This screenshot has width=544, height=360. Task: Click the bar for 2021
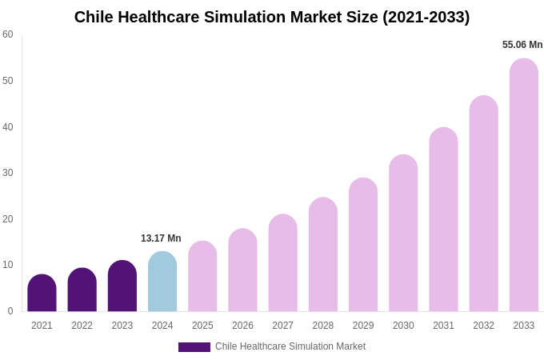(x=42, y=294)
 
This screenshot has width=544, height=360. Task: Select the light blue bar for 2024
(x=162, y=282)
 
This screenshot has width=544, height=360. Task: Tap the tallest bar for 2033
(x=524, y=185)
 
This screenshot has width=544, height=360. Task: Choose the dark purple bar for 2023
(x=122, y=286)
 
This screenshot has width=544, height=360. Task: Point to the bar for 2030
(x=403, y=233)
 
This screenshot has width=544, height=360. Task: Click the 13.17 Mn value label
(x=161, y=238)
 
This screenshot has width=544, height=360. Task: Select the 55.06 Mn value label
(x=522, y=45)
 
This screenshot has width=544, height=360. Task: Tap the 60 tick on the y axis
(x=8, y=34)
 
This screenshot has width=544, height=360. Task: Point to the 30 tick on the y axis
(x=8, y=173)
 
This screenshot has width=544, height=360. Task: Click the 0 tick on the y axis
(x=10, y=311)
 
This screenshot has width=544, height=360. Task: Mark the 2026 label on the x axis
(x=242, y=326)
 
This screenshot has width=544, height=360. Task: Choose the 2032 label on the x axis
(x=483, y=326)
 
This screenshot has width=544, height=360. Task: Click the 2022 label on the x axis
(x=82, y=326)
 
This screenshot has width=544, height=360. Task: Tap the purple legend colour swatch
(x=194, y=347)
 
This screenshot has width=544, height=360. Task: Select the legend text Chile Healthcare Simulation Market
(x=290, y=346)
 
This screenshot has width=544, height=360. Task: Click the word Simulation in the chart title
(x=261, y=17)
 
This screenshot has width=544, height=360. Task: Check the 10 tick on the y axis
(x=8, y=265)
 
